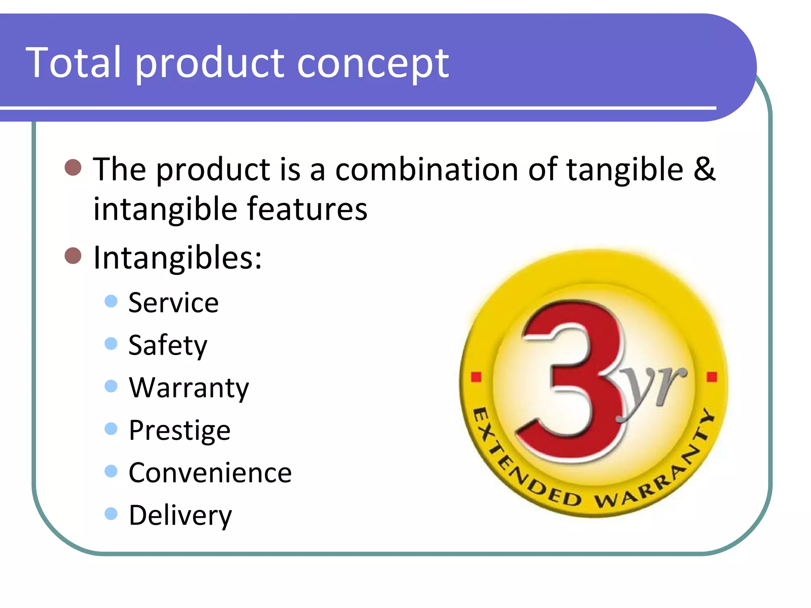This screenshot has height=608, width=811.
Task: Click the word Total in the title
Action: pos(73,63)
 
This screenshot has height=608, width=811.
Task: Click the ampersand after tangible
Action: pos(704,169)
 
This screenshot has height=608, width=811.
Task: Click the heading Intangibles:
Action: pos(177,258)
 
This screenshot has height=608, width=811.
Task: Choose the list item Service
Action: pos(173,303)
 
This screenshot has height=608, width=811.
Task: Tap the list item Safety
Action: pos(168,346)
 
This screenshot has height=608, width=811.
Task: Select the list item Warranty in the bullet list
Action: pos(188,388)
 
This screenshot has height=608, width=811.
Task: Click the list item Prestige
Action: pos(179,430)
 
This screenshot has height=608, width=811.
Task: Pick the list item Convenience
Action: pos(210,473)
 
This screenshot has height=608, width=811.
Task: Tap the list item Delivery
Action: pos(180,515)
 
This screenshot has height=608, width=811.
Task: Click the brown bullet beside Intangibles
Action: pos(73,256)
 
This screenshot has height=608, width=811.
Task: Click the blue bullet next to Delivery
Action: pos(111,513)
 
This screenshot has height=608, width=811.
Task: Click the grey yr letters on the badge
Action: pos(653,390)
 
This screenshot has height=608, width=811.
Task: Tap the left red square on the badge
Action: pos(476,376)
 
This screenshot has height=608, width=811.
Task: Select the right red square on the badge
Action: pos(712,376)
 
